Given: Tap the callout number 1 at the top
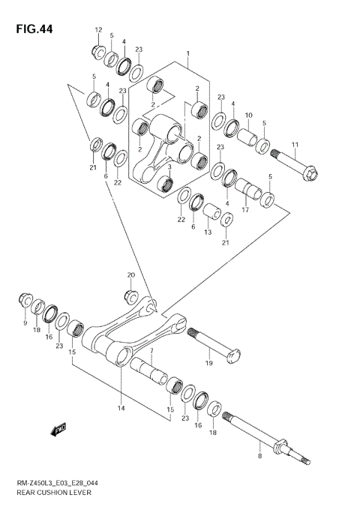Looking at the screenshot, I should pyautogui.click(x=188, y=54).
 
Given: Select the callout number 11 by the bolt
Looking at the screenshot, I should pyautogui.click(x=295, y=145).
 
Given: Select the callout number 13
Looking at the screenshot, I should pyautogui.click(x=208, y=232).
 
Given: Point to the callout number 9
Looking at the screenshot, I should pyautogui.click(x=25, y=323).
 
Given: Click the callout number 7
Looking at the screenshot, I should pyautogui.click(x=151, y=352).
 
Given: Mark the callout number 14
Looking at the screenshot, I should pyautogui.click(x=120, y=409).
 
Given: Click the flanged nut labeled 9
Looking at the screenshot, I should pyautogui.click(x=24, y=301).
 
